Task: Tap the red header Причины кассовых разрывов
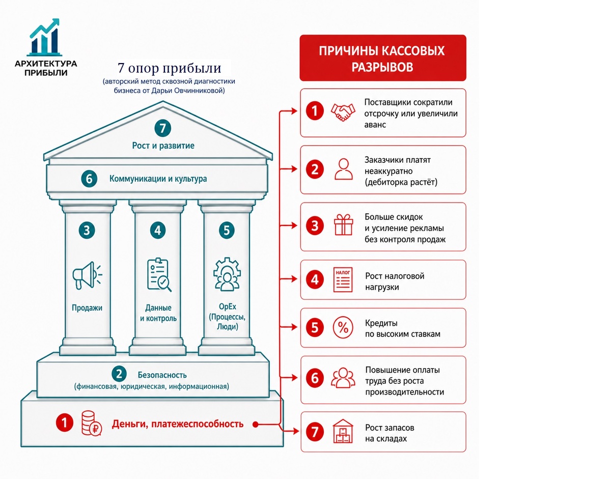pos(383,58)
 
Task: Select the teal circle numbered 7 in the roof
pos(163,128)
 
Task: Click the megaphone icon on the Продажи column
pos(87,275)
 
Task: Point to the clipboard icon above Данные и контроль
pos(159,274)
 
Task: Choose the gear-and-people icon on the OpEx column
pos(227,274)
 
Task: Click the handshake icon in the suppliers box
pos(343,112)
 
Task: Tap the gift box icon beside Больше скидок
pos(343,225)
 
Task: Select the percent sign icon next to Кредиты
pos(343,327)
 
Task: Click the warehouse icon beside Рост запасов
pos(343,432)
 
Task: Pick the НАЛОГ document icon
pos(343,279)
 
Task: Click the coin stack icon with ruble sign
pos(92,424)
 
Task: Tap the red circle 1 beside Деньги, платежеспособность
pos(64,423)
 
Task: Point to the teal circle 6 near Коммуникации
pos(89,179)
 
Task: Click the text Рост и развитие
pos(163,146)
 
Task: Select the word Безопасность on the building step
pos(162,375)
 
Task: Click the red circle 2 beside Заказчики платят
pos(315,169)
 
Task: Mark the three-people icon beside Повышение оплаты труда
pos(343,378)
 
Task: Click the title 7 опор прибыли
pos(169,68)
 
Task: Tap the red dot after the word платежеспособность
pos(255,425)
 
